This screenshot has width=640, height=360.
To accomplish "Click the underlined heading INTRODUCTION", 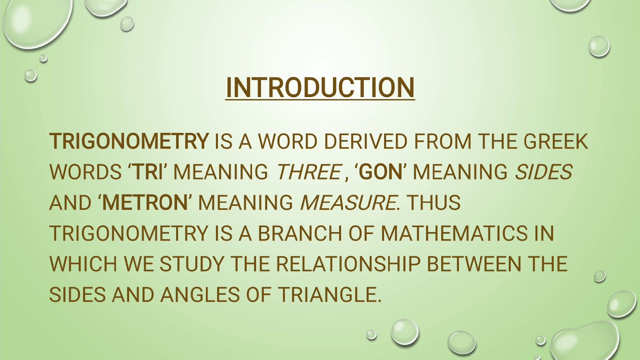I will tap(320, 87).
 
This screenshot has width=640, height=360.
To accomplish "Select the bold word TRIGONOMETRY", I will tap(128, 141).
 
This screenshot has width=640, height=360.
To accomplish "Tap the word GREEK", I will tap(555, 141).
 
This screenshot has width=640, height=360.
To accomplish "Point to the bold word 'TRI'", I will tap(146, 172).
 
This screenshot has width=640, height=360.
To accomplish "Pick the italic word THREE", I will tap(308, 172).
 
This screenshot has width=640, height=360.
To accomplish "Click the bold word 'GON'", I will tap(381, 172).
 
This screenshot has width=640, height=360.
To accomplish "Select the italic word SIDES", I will tap(543, 172).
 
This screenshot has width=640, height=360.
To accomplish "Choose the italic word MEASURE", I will tap(347, 202).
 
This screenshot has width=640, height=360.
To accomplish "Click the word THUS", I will tap(433, 202).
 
